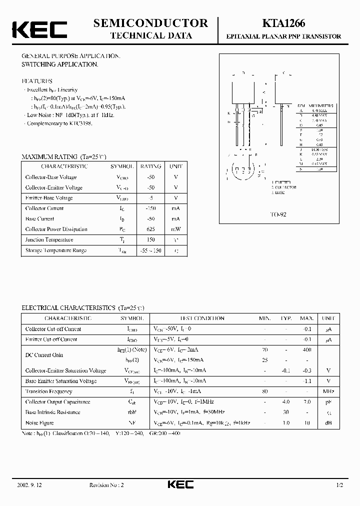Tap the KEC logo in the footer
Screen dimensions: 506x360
tap(180, 485)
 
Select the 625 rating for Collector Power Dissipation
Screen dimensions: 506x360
tap(150, 229)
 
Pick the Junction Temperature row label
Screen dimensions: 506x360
tap(49, 240)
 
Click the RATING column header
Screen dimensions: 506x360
tap(150, 166)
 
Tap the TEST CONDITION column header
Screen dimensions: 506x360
tap(202, 318)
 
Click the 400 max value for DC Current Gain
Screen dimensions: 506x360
tap(306, 350)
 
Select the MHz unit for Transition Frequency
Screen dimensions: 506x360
tap(328, 391)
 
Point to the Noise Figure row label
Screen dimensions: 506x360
tap(39, 423)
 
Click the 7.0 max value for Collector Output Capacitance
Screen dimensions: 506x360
tap(306, 402)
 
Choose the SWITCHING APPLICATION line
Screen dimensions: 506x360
tap(59, 65)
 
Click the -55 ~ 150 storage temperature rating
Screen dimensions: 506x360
tap(150, 250)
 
